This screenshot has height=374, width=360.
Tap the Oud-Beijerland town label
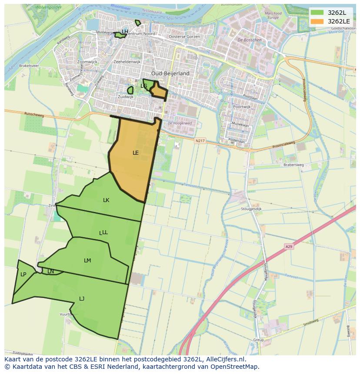(x=170, y=73)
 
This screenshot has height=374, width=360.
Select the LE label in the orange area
(x=136, y=153)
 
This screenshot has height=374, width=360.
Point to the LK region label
(x=106, y=200)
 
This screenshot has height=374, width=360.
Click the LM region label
(x=87, y=261)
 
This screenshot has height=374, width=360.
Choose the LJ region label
(x=82, y=298)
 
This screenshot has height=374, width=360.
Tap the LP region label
(x=23, y=275)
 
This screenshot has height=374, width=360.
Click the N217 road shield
(x=200, y=140)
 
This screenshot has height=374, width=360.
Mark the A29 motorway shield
(x=289, y=247)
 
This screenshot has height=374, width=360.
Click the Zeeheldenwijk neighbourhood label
(x=127, y=62)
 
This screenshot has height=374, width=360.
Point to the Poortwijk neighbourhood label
(x=242, y=106)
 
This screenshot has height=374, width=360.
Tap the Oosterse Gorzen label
(x=184, y=37)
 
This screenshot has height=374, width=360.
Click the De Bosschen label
(x=250, y=40)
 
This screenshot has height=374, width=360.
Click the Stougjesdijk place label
(x=251, y=209)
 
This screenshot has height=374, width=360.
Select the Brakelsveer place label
(x=29, y=66)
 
